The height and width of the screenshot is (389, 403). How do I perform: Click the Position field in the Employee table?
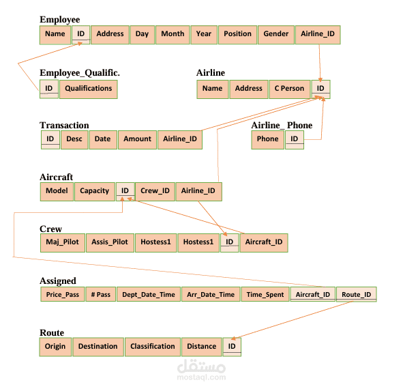[237, 35]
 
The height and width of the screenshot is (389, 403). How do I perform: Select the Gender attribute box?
[276, 35]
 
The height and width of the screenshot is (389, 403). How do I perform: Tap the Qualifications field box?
[89, 89]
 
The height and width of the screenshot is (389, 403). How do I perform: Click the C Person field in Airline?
[289, 89]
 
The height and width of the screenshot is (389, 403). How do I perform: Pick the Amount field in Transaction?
[137, 139]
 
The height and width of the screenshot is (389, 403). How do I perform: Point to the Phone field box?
[267, 139]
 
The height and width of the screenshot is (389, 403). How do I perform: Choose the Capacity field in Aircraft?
[95, 191]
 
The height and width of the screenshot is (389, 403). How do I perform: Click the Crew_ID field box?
[155, 191]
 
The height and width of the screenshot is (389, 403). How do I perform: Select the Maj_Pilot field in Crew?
[63, 242]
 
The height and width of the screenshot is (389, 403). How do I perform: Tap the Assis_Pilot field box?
[110, 242]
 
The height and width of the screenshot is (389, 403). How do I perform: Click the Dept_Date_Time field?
[149, 294]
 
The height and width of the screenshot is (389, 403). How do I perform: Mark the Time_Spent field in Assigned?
[265, 294]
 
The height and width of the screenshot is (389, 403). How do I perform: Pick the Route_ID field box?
[356, 294]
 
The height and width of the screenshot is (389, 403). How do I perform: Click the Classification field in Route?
[153, 347]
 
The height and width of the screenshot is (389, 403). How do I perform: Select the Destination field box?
[98, 347]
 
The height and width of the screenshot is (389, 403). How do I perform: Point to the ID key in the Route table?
[232, 347]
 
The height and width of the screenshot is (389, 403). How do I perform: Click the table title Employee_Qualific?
[80, 73]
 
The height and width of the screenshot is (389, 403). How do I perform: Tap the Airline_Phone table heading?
[282, 126]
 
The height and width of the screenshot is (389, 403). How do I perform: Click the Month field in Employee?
[173, 35]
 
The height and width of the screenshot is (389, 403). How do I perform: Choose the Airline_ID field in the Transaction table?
[180, 139]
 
